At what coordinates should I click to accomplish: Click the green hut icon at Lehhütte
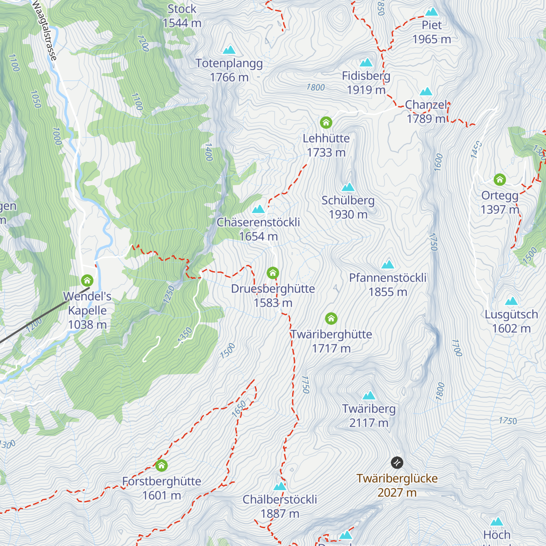pos(326,122)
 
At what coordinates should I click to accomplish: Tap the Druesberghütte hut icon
pos(273,273)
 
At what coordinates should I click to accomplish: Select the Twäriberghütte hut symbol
pos(331,318)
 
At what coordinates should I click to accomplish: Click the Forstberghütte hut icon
pos(162,465)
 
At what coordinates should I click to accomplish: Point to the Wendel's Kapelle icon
pos(87,280)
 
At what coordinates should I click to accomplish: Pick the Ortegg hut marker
pos(500,180)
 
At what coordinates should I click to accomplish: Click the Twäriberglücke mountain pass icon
pos(397,463)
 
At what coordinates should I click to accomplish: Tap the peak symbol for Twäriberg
pos(369,395)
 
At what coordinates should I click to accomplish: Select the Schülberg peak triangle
pos(348,187)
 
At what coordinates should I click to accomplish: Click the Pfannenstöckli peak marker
pos(388,264)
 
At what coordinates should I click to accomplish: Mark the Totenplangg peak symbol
pos(229,50)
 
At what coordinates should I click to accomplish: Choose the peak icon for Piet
pos(431,12)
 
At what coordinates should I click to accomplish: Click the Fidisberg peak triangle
pos(366,63)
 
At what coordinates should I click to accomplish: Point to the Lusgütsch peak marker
pos(511,301)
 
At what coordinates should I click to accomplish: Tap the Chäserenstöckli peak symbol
pos(258,209)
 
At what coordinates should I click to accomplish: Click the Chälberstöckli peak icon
pos(280,486)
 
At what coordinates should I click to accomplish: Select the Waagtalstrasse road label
pos(45,30)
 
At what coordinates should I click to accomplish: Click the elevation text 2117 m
pos(369,423)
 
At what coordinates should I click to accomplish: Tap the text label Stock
pos(182,9)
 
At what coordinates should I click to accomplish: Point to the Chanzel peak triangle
pos(426,92)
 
